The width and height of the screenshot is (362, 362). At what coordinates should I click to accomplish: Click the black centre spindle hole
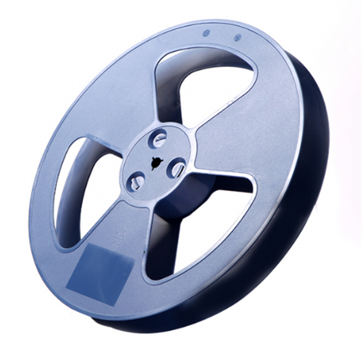(x=155, y=163)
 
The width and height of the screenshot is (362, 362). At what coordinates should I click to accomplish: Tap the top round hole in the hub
(x=160, y=139)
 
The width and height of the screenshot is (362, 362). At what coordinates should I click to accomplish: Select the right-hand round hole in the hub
(x=176, y=169)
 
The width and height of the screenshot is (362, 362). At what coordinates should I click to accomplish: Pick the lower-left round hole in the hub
(x=135, y=181)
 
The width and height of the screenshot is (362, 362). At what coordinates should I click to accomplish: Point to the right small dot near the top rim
(x=237, y=37)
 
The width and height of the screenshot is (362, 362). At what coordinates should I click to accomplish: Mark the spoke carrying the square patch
(x=120, y=234)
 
